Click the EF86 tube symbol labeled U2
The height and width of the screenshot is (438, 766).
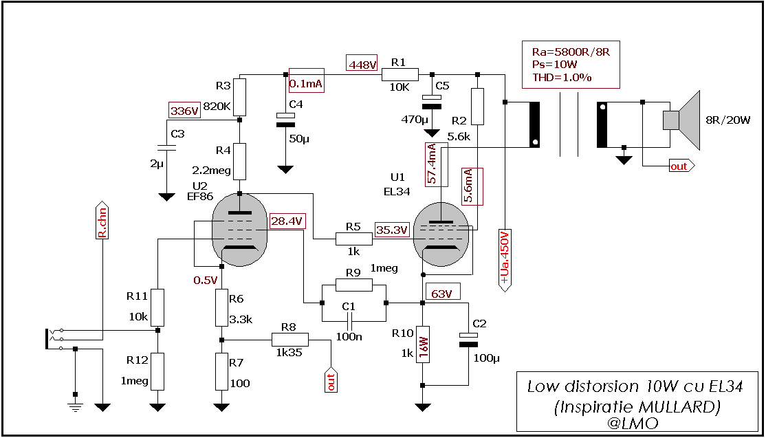pos(239,230)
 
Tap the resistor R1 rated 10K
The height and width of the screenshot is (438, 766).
pos(400,74)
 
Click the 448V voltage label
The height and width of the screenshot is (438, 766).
pos(362,64)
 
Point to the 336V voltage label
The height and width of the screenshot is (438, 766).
pos(184,110)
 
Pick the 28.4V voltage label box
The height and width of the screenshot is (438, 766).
pos(288,221)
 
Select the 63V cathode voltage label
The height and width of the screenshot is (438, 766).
pos(442,294)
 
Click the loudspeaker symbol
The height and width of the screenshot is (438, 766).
pos(681,120)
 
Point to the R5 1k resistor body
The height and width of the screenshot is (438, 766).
pos(354,239)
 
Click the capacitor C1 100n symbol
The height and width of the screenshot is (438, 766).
pos(350,320)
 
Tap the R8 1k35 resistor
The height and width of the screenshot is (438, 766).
pos(289,339)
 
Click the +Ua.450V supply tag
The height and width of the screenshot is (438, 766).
pos(505,260)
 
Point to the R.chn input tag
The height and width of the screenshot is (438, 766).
pos(102,222)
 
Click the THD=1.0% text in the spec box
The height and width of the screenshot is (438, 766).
pos(562,77)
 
